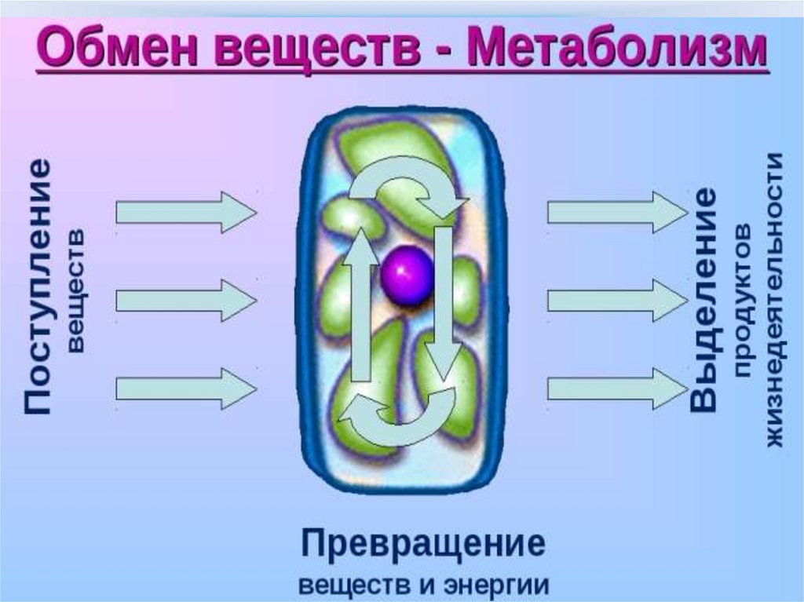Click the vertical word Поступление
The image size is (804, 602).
(x=38, y=287)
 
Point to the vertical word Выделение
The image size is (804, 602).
(x=703, y=299)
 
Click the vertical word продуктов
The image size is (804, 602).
(x=743, y=299)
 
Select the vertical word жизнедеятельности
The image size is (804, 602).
(x=774, y=299)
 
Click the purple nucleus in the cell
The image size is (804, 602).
(x=407, y=275)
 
